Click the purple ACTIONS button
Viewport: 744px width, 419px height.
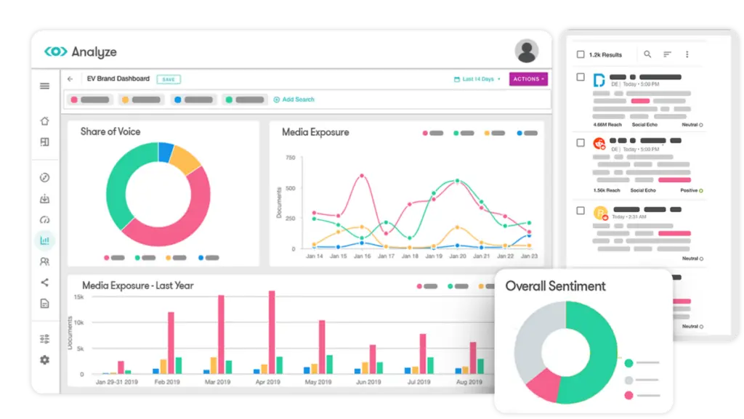pyautogui.click(x=528, y=79)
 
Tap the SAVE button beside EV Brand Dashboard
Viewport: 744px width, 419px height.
pyautogui.click(x=169, y=79)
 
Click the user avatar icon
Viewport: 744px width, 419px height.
pyautogui.click(x=526, y=51)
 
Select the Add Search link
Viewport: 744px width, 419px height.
pyautogui.click(x=294, y=99)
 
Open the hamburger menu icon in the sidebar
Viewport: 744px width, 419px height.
pyautogui.click(x=44, y=86)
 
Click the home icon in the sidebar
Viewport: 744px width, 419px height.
pyautogui.click(x=44, y=121)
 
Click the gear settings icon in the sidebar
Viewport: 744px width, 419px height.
pyautogui.click(x=44, y=359)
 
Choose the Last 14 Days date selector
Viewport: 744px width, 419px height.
pyautogui.click(x=477, y=79)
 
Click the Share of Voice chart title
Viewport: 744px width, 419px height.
pyautogui.click(x=110, y=131)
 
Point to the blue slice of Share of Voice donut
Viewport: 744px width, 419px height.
pyautogui.click(x=166, y=152)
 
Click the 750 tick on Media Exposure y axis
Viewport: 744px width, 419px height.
pyautogui.click(x=290, y=158)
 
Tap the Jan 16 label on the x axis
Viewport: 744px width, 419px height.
pyautogui.click(x=362, y=256)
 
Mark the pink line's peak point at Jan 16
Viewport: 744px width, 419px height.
pyautogui.click(x=362, y=175)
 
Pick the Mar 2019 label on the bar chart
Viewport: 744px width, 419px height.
pyautogui.click(x=217, y=381)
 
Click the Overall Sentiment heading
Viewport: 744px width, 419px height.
pyautogui.click(x=555, y=286)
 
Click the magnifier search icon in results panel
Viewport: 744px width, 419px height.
pyautogui.click(x=647, y=54)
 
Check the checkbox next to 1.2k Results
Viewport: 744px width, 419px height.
pyautogui.click(x=580, y=54)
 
